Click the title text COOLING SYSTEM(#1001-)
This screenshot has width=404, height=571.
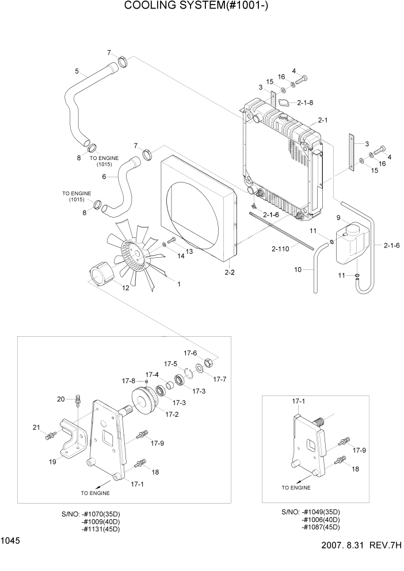pos(196,6)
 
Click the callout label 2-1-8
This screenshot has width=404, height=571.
pos(305,102)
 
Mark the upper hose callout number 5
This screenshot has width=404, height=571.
pos(77,71)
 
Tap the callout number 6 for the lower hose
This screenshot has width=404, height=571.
pos(104,177)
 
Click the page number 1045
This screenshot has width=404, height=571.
pos(11,540)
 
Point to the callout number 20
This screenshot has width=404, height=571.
pos(60,399)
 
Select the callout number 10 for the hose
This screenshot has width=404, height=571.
pos(298,269)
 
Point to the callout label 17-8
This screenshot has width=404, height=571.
pos(128,381)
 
